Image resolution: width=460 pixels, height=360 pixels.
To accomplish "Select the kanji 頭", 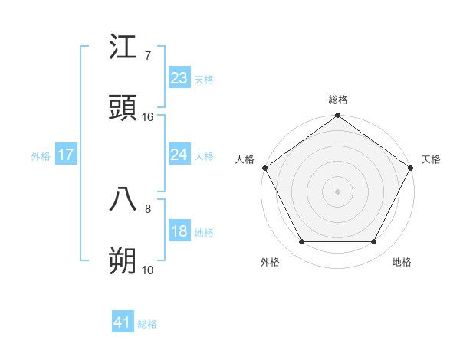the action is click(x=123, y=110).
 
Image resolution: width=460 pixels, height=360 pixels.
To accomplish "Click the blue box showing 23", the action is click(x=179, y=78).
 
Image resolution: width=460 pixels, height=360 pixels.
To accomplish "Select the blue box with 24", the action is click(x=179, y=155).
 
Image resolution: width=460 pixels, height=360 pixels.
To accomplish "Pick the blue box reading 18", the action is click(x=179, y=232).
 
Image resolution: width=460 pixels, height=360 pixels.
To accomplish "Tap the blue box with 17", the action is click(x=66, y=155).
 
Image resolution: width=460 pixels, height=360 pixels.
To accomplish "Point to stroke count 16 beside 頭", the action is click(x=148, y=117).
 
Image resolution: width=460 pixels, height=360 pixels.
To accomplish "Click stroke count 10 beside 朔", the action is click(x=148, y=270).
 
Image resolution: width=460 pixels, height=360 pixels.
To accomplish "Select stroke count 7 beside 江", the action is click(x=147, y=55).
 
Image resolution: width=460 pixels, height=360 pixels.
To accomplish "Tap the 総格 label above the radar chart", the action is click(x=338, y=100).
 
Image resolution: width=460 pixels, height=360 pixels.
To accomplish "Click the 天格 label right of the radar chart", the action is click(x=431, y=159).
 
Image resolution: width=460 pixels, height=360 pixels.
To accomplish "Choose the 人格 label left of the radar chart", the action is click(x=245, y=159).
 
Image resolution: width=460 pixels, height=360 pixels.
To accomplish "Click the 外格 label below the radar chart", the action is click(x=270, y=262).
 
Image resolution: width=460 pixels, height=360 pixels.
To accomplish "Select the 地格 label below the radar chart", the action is click(x=402, y=262).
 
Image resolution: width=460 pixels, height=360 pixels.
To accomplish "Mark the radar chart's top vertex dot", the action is click(x=338, y=116).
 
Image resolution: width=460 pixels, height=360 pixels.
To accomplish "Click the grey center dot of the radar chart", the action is click(x=338, y=191).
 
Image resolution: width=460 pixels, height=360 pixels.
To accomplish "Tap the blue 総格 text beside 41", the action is click(x=147, y=324).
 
